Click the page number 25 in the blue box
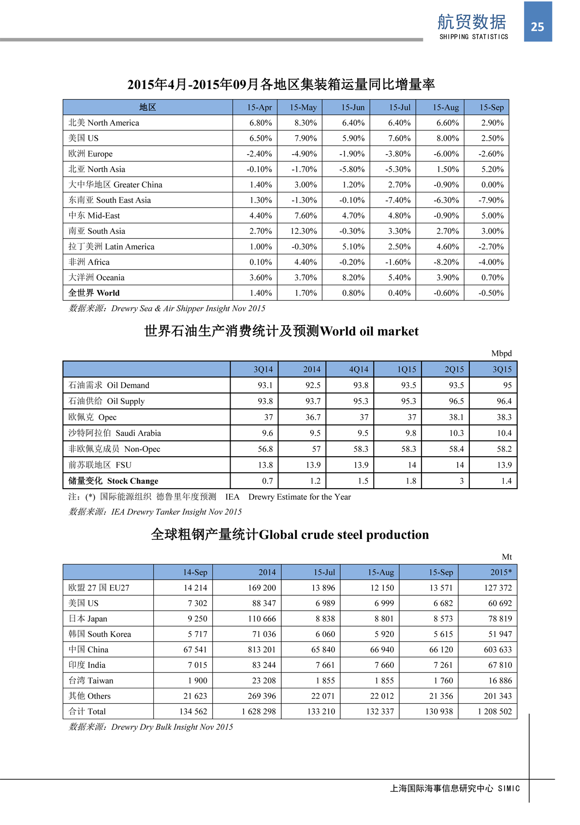pyautogui.click(x=537, y=27)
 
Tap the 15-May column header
pyautogui.click(x=303, y=107)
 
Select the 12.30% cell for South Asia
pyautogui.click(x=304, y=231)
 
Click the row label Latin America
pyautogui.click(x=112, y=246)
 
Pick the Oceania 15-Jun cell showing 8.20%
pyautogui.click(x=353, y=277)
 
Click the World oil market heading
pyautogui.click(x=281, y=331)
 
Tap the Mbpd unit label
pyautogui.click(x=501, y=353)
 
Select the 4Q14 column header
pyautogui.click(x=359, y=369)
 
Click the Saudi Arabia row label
pyautogui.click(x=115, y=433)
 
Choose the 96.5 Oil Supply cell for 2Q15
pyautogui.click(x=456, y=401)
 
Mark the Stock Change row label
pyautogui.click(x=114, y=481)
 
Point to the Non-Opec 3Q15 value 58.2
pyautogui.click(x=504, y=449)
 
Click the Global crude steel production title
pyautogui.click(x=290, y=535)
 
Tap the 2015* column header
pyautogui.click(x=501, y=572)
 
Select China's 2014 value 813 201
pyautogui.click(x=261, y=650)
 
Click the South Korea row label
pyautogui.click(x=100, y=634)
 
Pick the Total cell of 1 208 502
pyautogui.click(x=494, y=711)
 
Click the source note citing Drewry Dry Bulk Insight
pyautogui.click(x=151, y=727)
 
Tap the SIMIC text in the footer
pyautogui.click(x=509, y=788)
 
